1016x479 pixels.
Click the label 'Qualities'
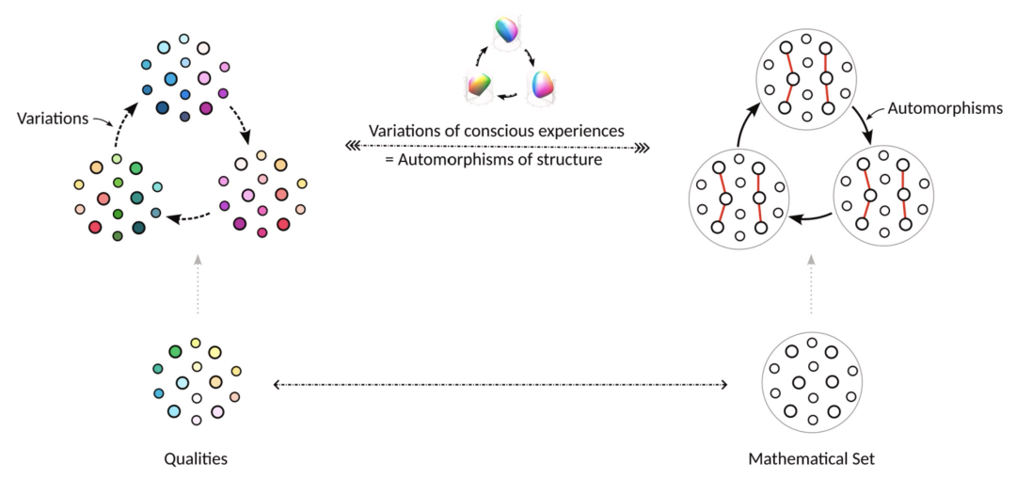click(196, 458)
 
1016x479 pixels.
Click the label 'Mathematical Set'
click(810, 458)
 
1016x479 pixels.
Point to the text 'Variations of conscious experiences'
click(497, 130)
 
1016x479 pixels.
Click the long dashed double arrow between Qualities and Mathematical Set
click(500, 385)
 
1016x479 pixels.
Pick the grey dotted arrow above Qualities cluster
click(196, 282)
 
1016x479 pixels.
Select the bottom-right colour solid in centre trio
click(543, 85)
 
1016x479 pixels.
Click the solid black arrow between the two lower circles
click(808, 219)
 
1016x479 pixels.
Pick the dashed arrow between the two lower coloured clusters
click(188, 218)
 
